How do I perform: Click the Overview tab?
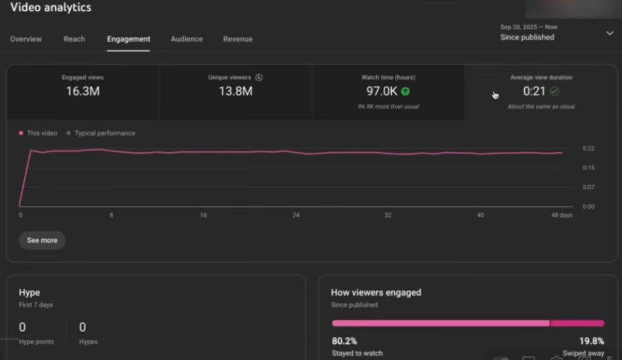tap(26, 39)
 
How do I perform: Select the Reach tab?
tap(74, 39)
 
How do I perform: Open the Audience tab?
tap(186, 39)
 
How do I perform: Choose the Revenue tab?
tap(238, 39)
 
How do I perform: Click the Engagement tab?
tap(128, 39)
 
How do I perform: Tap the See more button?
tap(42, 240)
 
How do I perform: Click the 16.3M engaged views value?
tap(83, 92)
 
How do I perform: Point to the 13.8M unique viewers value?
tap(235, 92)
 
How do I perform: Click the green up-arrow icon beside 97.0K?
tap(405, 92)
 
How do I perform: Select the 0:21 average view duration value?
tap(534, 92)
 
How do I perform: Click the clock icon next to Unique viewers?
tap(259, 78)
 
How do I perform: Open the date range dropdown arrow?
tap(609, 33)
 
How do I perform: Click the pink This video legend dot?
tap(21, 133)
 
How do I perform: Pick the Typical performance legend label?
tap(104, 133)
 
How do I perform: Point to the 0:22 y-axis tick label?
tap(588, 148)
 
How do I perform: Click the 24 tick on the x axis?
tap(296, 216)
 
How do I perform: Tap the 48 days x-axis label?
tap(561, 216)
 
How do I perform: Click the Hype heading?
tap(29, 292)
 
